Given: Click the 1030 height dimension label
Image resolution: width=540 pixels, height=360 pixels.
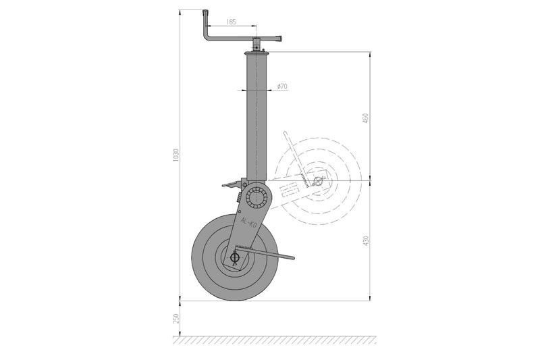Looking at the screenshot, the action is pyautogui.click(x=176, y=156).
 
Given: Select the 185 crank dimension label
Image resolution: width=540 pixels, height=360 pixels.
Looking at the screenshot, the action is pyautogui.click(x=231, y=22).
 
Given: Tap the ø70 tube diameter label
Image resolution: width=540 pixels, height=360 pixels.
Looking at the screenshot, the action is pyautogui.click(x=282, y=86).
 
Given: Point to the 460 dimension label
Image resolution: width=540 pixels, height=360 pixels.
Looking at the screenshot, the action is pyautogui.click(x=365, y=118).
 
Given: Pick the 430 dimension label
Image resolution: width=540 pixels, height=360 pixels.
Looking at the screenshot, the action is pyautogui.click(x=365, y=241).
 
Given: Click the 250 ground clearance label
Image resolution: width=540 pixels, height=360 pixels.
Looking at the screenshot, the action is pyautogui.click(x=176, y=318).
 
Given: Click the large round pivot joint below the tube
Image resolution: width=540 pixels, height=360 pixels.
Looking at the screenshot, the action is pyautogui.click(x=256, y=197).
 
